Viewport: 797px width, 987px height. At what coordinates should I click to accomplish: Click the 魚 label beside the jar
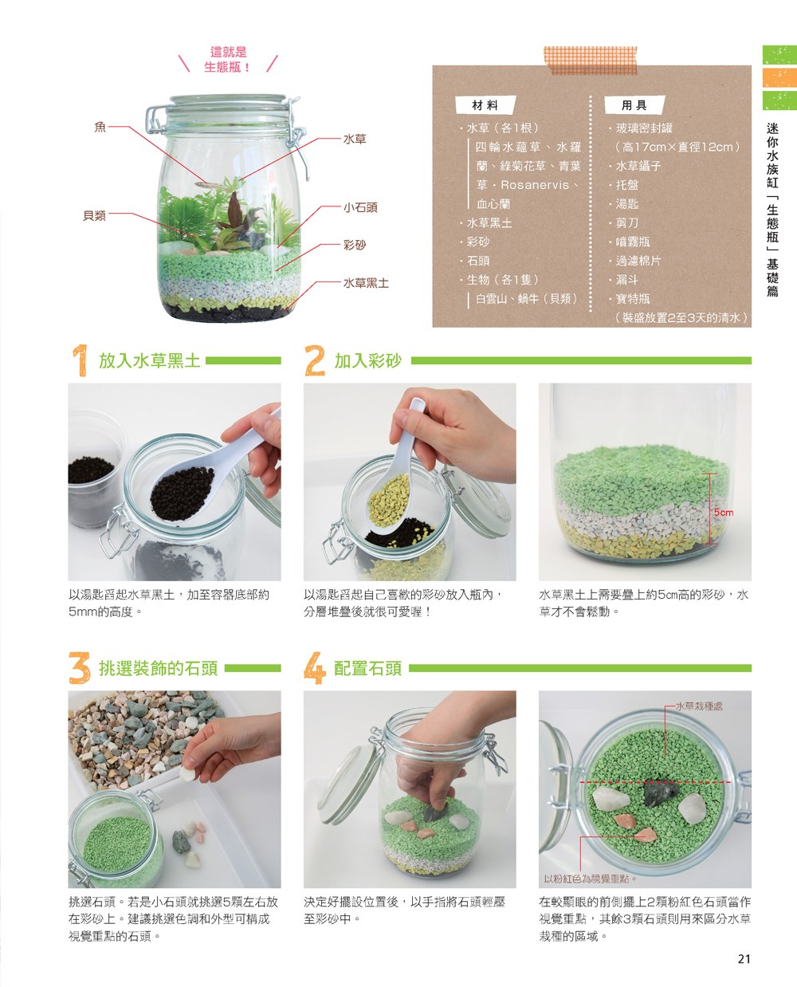coord(100,127)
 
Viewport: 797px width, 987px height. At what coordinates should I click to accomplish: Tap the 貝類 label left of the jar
coord(95,215)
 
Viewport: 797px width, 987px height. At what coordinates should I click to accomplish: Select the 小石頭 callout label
coord(360,207)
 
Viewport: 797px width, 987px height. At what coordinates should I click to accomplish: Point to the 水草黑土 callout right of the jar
coord(366,283)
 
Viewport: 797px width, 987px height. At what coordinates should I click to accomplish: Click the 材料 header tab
coord(485,105)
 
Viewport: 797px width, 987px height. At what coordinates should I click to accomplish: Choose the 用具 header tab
coord(634,105)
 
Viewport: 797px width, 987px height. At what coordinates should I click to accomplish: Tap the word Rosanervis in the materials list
coord(535,185)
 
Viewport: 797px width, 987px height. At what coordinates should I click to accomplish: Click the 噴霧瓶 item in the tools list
coord(633,242)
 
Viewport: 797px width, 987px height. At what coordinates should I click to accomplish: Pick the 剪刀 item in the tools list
coord(627,223)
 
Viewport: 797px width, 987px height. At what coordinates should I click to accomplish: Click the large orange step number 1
coord(80,360)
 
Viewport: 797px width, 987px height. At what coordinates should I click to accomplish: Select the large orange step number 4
coord(315,668)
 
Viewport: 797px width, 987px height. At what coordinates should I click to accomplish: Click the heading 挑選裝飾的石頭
coord(158,669)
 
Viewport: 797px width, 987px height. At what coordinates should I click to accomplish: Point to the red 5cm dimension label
coord(724,513)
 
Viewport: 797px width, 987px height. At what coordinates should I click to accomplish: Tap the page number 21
coord(744,959)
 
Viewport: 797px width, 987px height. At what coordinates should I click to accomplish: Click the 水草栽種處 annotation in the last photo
coord(699,706)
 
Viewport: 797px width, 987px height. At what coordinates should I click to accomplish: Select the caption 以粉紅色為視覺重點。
coord(591,879)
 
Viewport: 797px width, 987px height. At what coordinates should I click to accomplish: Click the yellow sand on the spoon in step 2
coord(390,501)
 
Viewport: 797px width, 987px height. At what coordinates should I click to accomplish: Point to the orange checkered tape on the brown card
coord(591,60)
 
